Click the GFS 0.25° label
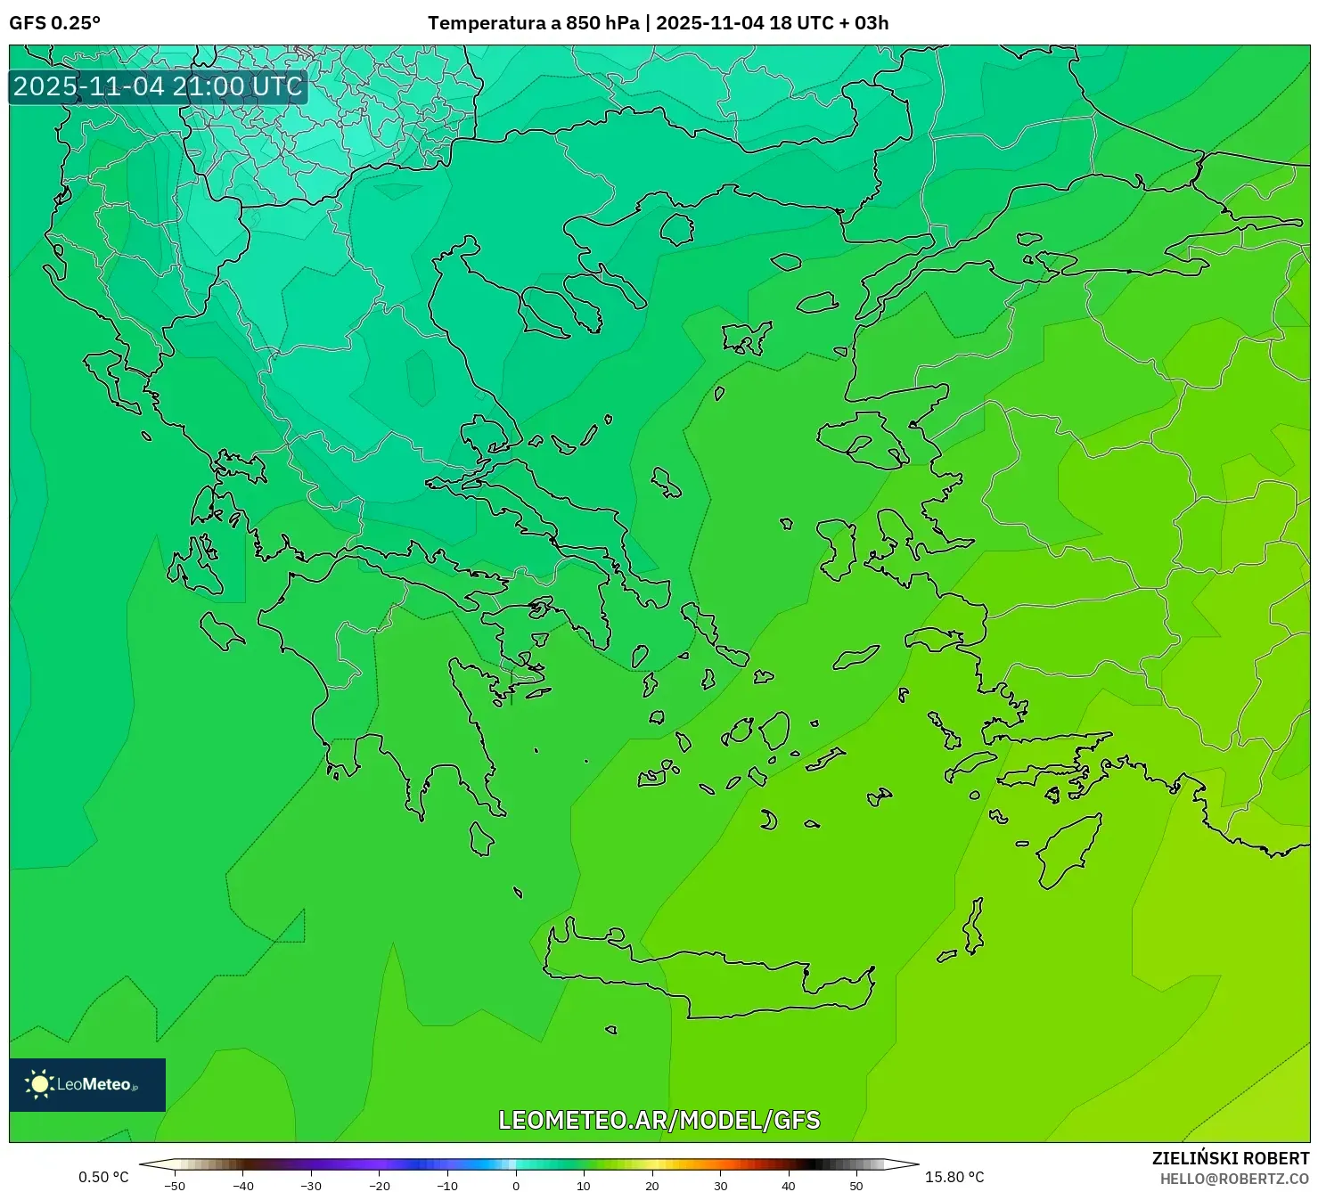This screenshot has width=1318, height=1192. click(54, 23)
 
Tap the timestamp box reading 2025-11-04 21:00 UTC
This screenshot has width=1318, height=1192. click(158, 86)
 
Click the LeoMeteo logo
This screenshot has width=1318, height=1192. click(87, 1084)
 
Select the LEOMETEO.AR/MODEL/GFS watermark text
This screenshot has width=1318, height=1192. click(659, 1120)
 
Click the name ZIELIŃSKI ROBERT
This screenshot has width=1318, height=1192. click(1230, 1158)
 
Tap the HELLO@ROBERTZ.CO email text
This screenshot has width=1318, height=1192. click(1233, 1179)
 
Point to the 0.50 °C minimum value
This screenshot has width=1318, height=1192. click(103, 1177)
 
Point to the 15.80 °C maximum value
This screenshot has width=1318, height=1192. click(954, 1177)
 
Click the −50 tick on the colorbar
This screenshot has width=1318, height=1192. click(175, 1186)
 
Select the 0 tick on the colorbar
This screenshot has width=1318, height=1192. click(516, 1186)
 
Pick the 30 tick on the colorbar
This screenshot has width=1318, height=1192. click(720, 1186)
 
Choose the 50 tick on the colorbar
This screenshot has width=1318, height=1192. click(856, 1186)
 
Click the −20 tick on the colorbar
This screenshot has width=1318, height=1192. click(379, 1186)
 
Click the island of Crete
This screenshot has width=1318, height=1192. click(713, 980)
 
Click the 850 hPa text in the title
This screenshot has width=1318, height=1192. click(602, 23)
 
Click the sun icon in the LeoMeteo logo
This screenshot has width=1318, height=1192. click(40, 1084)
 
